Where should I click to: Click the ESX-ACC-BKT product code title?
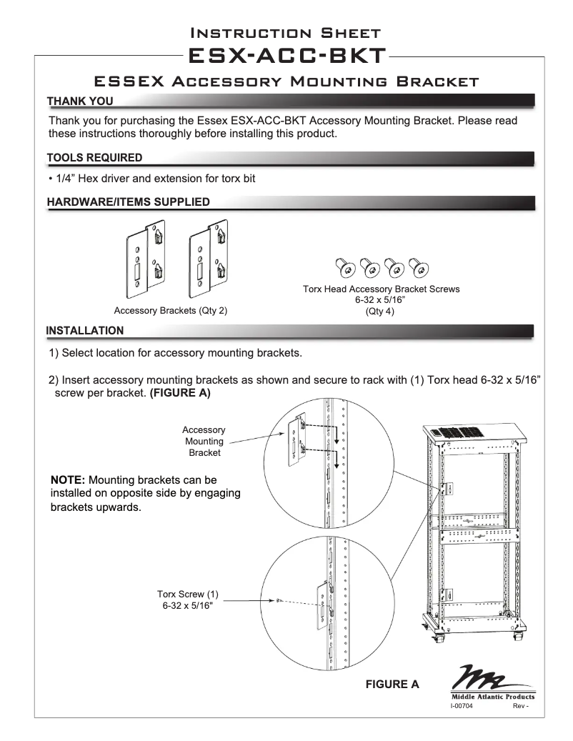click(286, 56)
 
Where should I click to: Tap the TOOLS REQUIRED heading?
click(94, 157)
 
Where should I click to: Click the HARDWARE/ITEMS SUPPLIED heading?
click(128, 202)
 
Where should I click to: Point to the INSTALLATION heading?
click(84, 330)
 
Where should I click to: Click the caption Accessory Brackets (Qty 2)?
click(171, 311)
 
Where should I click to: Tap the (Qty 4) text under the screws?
click(381, 312)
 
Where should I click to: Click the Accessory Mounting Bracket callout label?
click(204, 441)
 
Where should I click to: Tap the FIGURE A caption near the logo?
click(392, 684)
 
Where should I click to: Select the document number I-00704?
click(461, 706)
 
